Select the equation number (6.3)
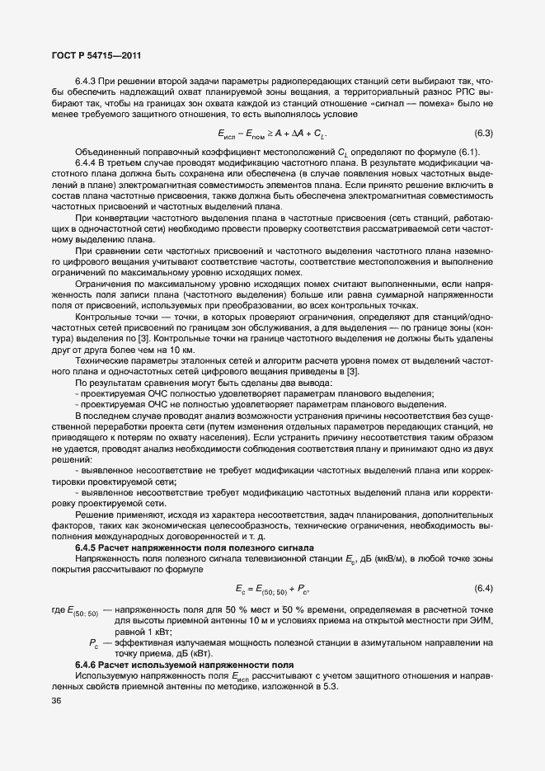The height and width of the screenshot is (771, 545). pyautogui.click(x=483, y=134)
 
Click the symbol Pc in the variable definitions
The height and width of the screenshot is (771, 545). pyautogui.click(x=93, y=642)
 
